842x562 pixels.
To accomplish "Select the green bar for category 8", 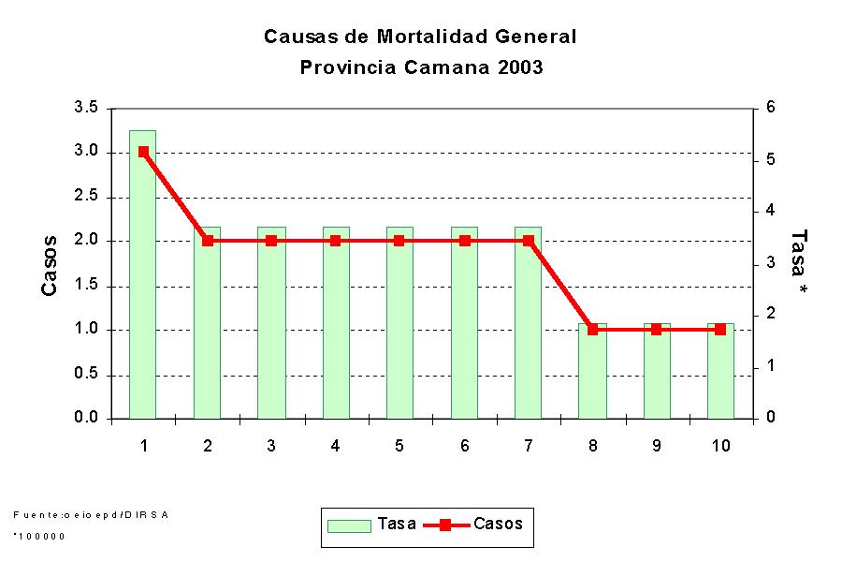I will point(592,375).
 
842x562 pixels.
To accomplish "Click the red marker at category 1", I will point(143,152).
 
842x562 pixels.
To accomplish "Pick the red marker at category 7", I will point(529,241).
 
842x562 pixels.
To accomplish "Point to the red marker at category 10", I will point(720,330).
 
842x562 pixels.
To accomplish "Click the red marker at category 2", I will point(208,241).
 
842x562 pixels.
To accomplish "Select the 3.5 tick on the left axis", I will point(86,108).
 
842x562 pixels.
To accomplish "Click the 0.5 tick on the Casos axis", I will point(86,375).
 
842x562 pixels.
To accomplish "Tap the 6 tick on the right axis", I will point(771,108).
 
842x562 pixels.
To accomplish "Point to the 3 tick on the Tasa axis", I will point(771,263).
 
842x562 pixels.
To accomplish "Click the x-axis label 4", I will point(335,446).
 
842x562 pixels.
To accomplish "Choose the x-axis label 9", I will point(656,446).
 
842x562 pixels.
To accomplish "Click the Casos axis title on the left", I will point(50,265).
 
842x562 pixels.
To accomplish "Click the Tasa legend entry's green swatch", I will point(348,525).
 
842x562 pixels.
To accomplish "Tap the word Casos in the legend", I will point(498,524).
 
